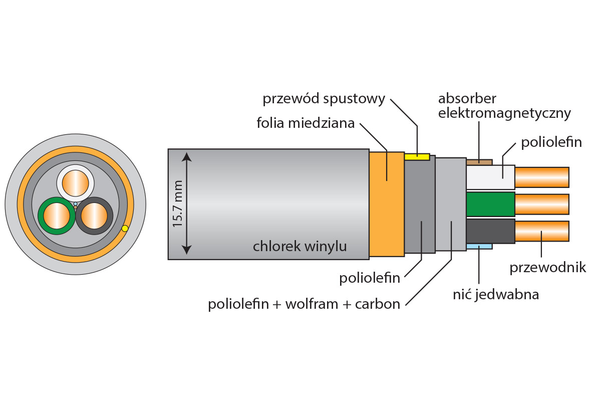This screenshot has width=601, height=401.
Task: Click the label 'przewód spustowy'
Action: coord(324,99)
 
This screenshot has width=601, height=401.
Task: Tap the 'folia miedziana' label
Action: coord(306,123)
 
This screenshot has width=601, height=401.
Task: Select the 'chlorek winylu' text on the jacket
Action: coord(299,246)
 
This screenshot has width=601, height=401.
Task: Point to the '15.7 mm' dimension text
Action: coord(178,204)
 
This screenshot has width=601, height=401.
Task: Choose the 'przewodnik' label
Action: coord(547,268)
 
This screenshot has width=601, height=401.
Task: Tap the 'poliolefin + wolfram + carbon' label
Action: coord(304,304)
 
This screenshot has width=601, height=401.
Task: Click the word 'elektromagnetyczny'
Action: coord(504,113)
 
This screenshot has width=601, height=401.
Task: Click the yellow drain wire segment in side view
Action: coord(417,156)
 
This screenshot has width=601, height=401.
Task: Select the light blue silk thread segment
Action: coord(479,246)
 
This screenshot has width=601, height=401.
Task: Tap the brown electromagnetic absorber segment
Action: coord(479,162)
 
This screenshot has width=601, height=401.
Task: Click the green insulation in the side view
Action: coord(490,204)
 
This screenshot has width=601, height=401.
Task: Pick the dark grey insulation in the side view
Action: coord(490,231)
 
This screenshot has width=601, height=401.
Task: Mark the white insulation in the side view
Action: coord(490,177)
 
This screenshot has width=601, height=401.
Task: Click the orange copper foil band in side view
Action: coord(386,204)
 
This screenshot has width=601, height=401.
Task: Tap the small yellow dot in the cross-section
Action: coord(125,229)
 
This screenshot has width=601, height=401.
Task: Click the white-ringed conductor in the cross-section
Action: coord(75,183)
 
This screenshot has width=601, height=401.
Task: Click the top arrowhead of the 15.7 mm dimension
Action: coord(187,157)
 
